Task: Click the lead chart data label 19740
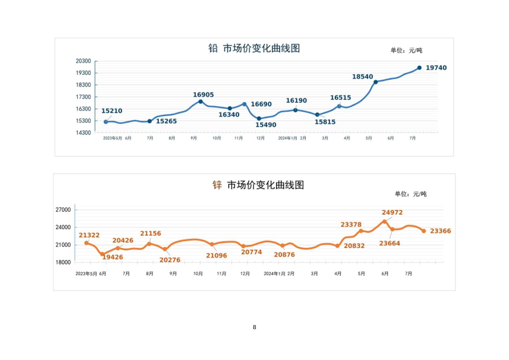(x=436, y=68)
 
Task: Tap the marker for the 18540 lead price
(x=375, y=82)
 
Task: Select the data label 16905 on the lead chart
(x=203, y=95)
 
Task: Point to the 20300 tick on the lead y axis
(x=83, y=61)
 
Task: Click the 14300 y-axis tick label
(x=83, y=133)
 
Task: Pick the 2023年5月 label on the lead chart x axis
(x=113, y=138)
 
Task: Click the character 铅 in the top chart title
(x=213, y=48)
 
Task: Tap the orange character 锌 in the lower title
(x=217, y=185)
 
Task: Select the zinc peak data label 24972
(x=392, y=213)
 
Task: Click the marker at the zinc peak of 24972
(x=384, y=222)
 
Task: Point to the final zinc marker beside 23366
(x=424, y=231)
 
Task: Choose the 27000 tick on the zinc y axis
(x=63, y=210)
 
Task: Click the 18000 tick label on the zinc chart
(x=63, y=262)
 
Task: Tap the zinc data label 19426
(x=113, y=257)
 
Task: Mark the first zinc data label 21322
(x=89, y=235)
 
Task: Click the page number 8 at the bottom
(x=254, y=327)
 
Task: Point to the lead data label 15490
(x=266, y=125)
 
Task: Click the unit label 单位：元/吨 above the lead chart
(x=406, y=50)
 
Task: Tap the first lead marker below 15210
(x=106, y=122)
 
